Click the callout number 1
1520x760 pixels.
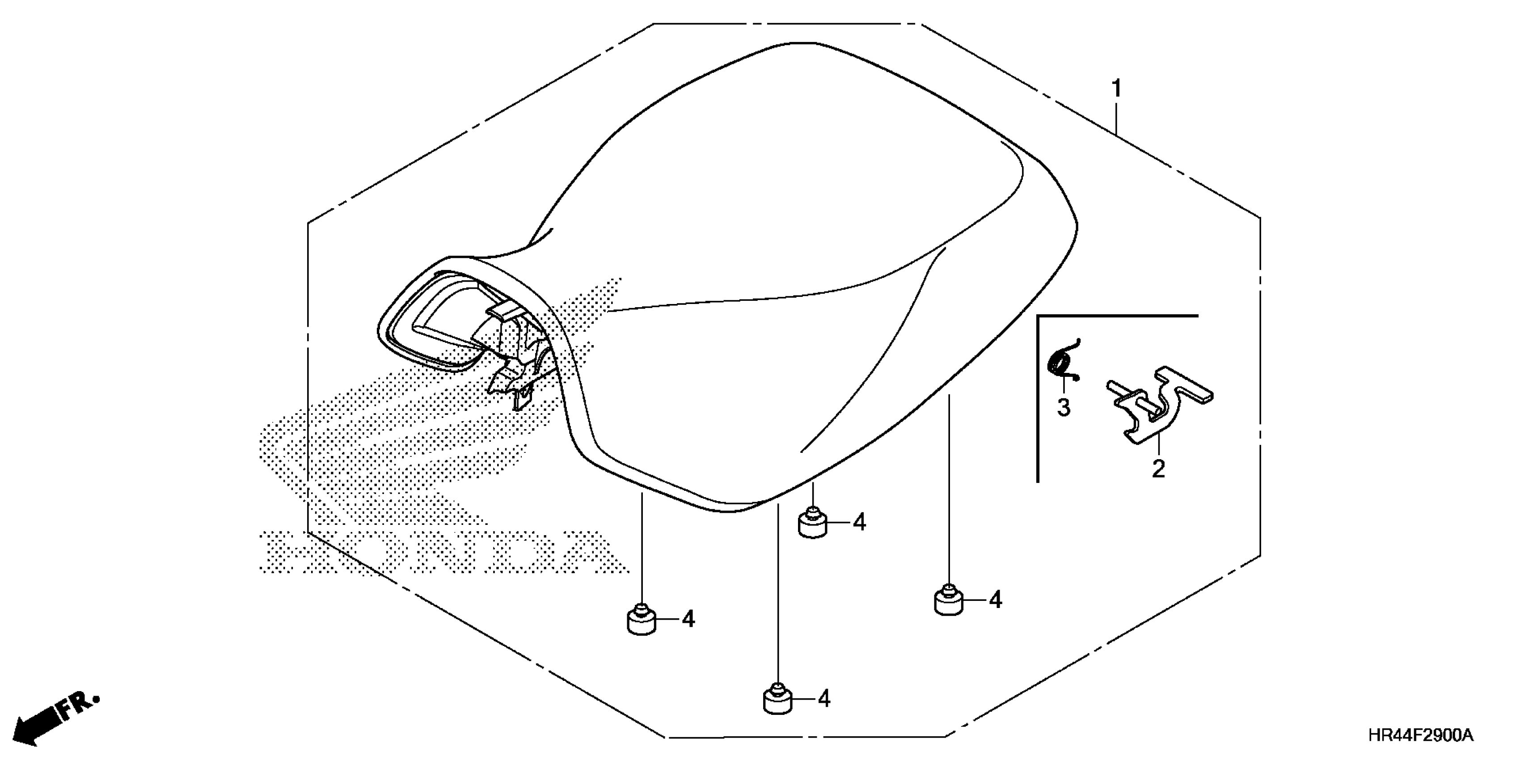(1116, 89)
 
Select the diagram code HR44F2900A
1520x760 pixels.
(1420, 735)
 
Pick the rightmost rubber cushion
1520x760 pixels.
(948, 601)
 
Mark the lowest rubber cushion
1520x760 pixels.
(778, 700)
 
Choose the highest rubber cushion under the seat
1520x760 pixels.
(813, 523)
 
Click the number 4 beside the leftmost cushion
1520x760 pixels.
(688, 619)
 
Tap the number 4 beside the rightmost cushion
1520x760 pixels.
(996, 600)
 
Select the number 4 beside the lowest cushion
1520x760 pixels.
(824, 699)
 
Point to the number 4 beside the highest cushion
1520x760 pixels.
(860, 522)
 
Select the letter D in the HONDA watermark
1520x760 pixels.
(511, 552)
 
